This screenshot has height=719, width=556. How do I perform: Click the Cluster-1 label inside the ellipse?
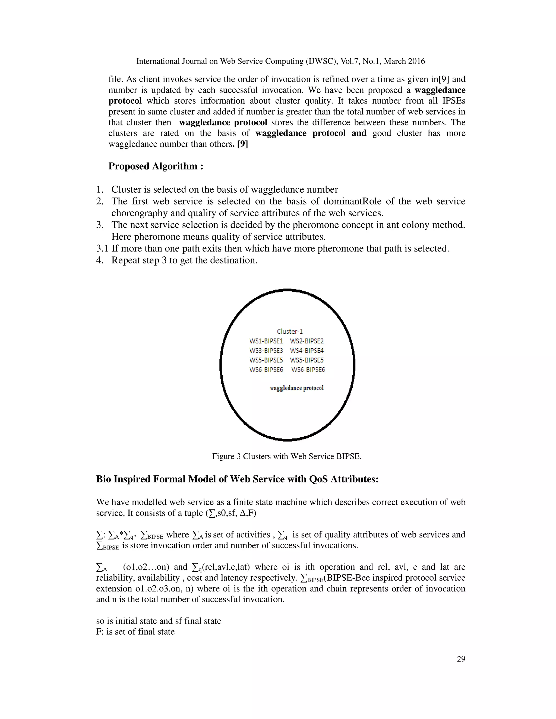coord(289,331)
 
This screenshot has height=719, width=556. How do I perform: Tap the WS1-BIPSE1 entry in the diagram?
coord(266,341)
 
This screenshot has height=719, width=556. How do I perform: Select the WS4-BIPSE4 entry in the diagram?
coord(307,351)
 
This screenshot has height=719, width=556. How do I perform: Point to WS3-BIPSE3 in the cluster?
coord(266,351)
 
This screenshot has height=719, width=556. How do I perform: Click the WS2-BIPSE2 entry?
coord(307,341)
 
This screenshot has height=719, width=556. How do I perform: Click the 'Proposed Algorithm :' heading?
coord(156,166)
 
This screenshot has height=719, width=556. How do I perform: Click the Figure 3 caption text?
coord(287,456)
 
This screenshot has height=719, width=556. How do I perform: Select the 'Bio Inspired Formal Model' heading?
coord(237,479)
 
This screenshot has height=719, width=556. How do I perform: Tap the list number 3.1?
coord(102,249)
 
